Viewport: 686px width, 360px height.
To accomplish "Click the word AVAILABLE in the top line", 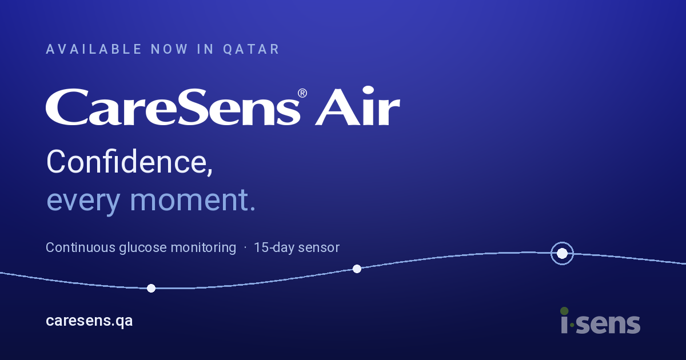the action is point(94,49).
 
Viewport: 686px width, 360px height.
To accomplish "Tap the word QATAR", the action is point(251,49).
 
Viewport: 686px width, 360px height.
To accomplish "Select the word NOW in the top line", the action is point(169,49).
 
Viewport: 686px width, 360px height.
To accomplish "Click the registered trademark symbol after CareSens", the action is point(302,93).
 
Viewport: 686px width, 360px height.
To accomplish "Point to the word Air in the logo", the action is point(357,106).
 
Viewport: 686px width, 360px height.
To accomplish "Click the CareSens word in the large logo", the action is point(173,107).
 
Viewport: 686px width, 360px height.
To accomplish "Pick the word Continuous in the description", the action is point(80,247).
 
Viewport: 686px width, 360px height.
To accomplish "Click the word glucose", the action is point(143,247).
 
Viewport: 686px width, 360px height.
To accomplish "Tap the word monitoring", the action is point(204,247).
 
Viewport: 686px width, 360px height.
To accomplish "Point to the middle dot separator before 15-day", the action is point(245,247).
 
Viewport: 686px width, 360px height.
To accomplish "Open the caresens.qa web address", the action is point(89,321).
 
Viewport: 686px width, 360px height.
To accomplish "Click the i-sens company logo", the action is point(600,321).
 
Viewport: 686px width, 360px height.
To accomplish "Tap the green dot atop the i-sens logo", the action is point(564,311).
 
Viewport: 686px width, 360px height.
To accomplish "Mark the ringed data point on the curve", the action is point(562,254).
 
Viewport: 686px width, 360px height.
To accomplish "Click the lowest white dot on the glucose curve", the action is point(151,289).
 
